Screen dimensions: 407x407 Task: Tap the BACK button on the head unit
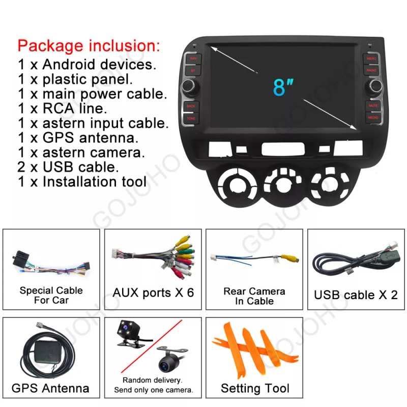pos(191,107)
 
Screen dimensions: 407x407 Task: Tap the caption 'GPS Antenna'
pos(51,389)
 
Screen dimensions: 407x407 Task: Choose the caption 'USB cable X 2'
pos(356,295)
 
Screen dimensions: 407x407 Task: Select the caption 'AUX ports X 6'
pos(153,293)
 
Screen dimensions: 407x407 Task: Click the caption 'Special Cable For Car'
pos(51,295)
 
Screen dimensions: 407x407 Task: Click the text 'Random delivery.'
pos(153,380)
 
